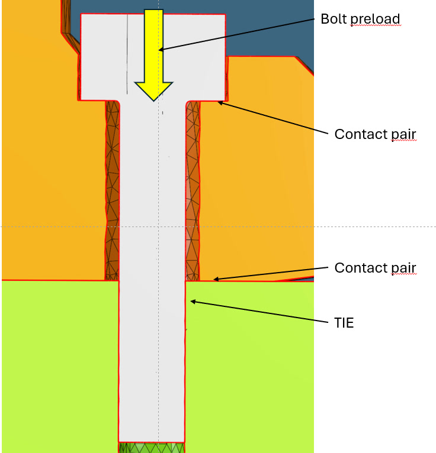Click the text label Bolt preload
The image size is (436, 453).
pos(360,19)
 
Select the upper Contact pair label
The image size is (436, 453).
pos(375,134)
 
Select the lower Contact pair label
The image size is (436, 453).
pos(375,268)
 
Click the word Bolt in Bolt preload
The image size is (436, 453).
pos(333,19)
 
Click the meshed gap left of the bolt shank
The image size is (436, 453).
pos(112,189)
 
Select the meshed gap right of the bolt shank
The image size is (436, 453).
pos(193,189)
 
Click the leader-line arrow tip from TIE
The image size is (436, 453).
pos(191,302)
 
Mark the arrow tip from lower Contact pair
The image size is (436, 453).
pos(214,279)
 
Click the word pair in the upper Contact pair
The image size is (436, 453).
pos(404,135)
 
